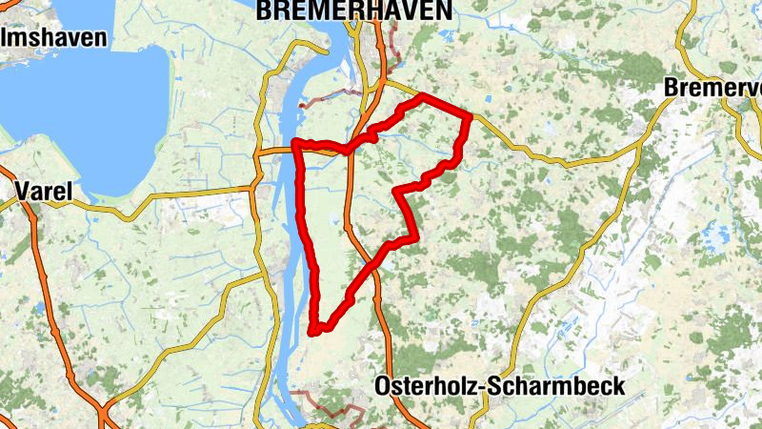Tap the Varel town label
(44, 192)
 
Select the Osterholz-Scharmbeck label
(500, 386)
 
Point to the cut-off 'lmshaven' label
(53, 38)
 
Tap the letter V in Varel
(22, 192)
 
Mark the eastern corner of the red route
(470, 116)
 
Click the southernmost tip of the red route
(313, 332)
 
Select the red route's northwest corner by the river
(296, 143)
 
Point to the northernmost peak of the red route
(422, 97)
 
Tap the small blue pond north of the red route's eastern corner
(487, 98)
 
